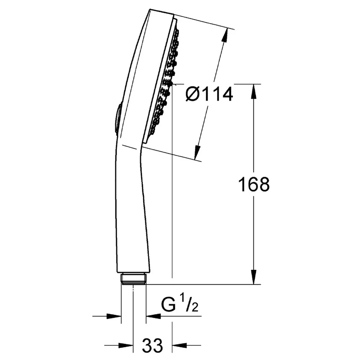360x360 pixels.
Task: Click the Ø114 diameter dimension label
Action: click(209, 94)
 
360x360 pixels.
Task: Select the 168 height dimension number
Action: click(254, 184)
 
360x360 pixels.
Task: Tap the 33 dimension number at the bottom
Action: click(152, 345)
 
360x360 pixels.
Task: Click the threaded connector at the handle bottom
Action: click(134, 279)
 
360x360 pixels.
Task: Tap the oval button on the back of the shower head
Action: click(117, 120)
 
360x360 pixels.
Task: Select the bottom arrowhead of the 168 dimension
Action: click(253, 277)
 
